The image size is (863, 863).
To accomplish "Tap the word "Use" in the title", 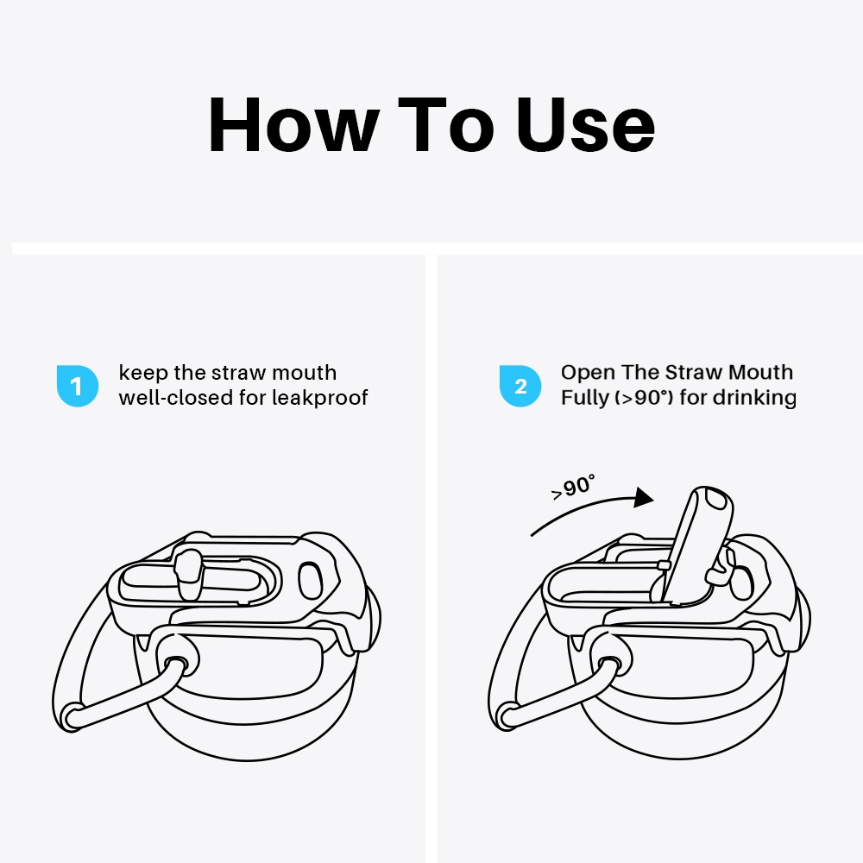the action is tap(585, 125).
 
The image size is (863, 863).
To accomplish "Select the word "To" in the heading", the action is tap(445, 125).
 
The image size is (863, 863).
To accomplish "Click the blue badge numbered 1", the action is tap(78, 386).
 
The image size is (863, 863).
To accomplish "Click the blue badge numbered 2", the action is tap(520, 386).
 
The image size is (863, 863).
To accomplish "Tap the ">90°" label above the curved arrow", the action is tap(573, 487).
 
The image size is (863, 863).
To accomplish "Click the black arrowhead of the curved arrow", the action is tap(643, 497).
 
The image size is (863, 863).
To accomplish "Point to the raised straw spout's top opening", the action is tap(716, 500).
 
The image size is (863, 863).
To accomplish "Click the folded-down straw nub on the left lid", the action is tap(187, 574).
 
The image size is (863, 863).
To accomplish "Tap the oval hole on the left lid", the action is tap(310, 581).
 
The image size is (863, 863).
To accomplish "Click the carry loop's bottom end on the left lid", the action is tap(71, 717).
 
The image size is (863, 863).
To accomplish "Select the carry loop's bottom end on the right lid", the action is tap(507, 717).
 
